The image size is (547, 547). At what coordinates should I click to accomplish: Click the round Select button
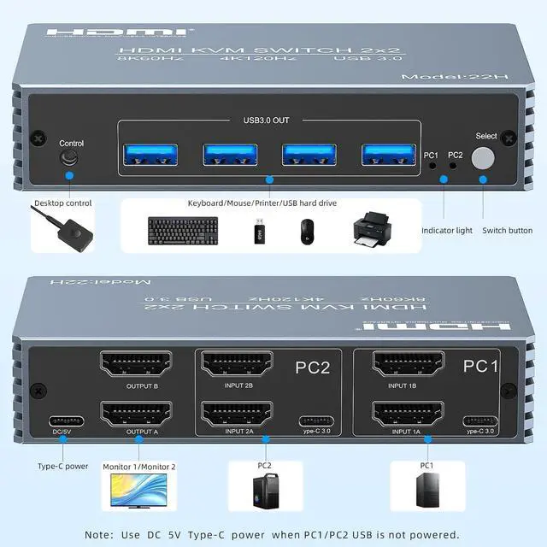pos(485,158)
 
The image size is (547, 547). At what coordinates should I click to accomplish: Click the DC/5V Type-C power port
pos(67,421)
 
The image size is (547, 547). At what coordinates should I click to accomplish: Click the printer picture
pos(375,228)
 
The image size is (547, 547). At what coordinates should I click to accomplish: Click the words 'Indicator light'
pos(446,231)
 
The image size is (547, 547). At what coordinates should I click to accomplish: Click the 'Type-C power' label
pos(62,467)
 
